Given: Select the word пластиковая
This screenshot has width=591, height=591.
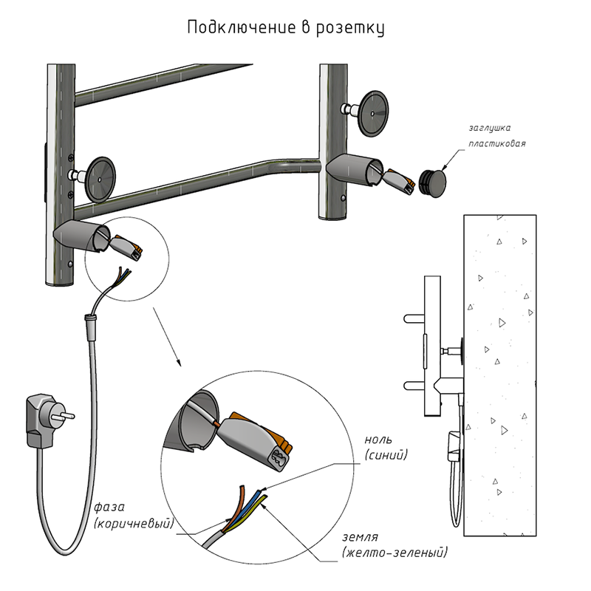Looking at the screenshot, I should click(x=496, y=143).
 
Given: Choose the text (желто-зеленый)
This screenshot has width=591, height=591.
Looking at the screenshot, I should click(x=394, y=553).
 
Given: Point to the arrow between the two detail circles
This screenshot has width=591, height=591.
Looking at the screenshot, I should click(x=166, y=341).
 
